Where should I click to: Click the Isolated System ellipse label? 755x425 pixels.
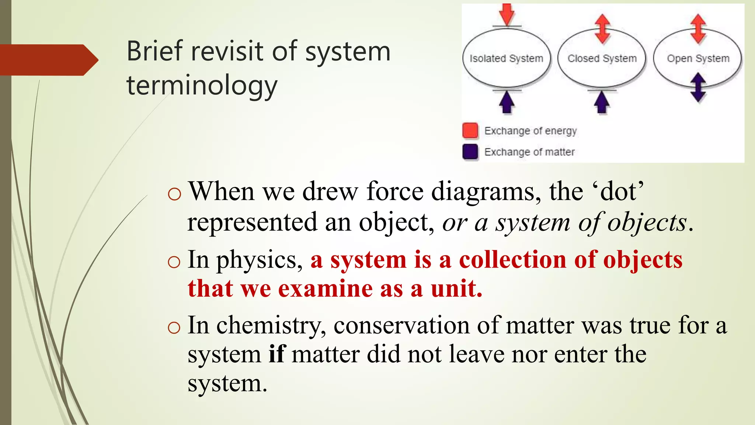tap(506, 58)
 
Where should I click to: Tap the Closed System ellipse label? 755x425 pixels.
tap(602, 58)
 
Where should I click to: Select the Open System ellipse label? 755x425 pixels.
tap(698, 58)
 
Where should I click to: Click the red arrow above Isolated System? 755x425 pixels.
tap(507, 14)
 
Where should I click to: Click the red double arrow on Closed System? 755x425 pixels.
tap(602, 29)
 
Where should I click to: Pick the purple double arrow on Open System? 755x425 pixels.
tap(698, 87)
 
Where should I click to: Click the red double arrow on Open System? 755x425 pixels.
tap(698, 29)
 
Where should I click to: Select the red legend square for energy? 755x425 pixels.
tap(470, 131)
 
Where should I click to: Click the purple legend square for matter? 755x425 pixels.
tap(470, 152)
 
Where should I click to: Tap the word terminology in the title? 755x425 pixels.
tap(202, 86)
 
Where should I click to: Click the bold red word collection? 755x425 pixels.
tap(512, 260)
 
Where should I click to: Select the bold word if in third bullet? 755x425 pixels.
tap(277, 355)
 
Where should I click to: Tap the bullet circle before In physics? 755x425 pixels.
tap(174, 262)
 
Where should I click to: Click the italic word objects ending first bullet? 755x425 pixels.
tap(647, 223)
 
